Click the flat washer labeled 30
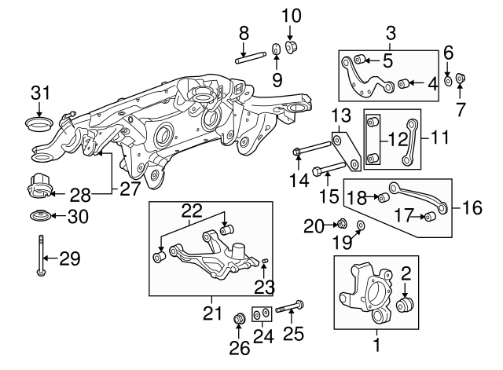[x=38, y=218]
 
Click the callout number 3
[x=390, y=33]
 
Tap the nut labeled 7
[x=461, y=79]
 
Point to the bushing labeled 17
[x=430, y=216]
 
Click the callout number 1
[x=376, y=344]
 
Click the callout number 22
[x=192, y=211]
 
